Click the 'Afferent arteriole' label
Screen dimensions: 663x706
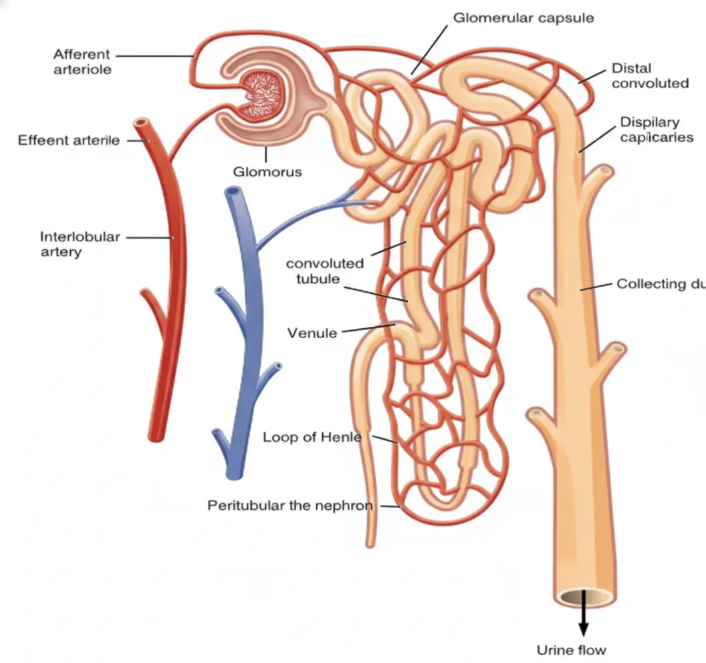(x=82, y=61)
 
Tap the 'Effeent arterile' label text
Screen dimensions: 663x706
(x=69, y=140)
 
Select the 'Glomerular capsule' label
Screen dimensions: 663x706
(x=523, y=18)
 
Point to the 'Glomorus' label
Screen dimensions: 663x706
(x=267, y=172)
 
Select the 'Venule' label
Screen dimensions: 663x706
(x=312, y=332)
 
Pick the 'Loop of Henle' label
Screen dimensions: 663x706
(x=312, y=437)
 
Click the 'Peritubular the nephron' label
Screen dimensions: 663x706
(x=290, y=505)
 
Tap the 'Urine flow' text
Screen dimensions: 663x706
(x=572, y=650)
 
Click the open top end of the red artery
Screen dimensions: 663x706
(x=140, y=124)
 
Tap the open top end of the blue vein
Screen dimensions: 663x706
(x=232, y=192)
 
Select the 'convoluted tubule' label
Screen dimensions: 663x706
(x=325, y=271)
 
